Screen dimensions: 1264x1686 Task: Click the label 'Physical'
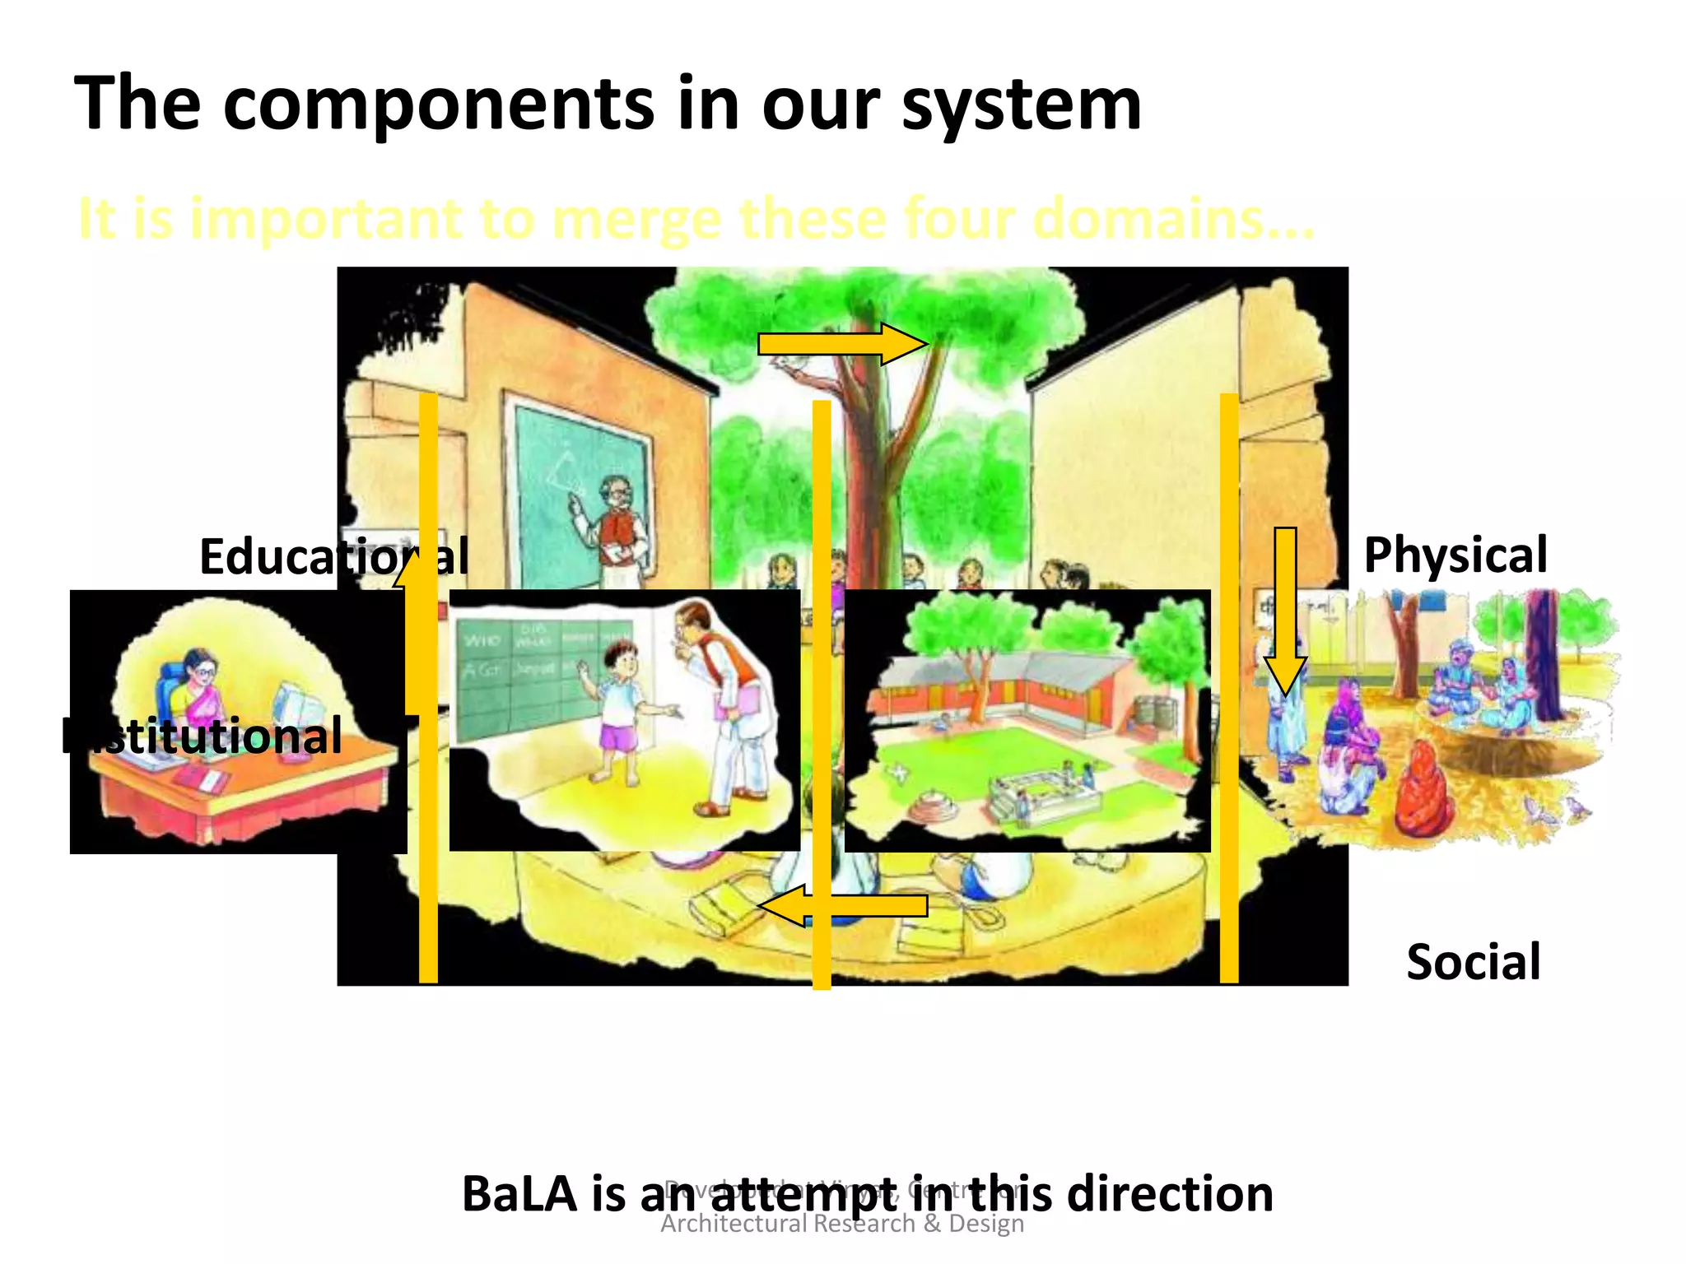coord(1455,555)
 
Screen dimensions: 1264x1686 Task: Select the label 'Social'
coord(1473,961)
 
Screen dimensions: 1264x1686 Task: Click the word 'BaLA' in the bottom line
coord(519,1194)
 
